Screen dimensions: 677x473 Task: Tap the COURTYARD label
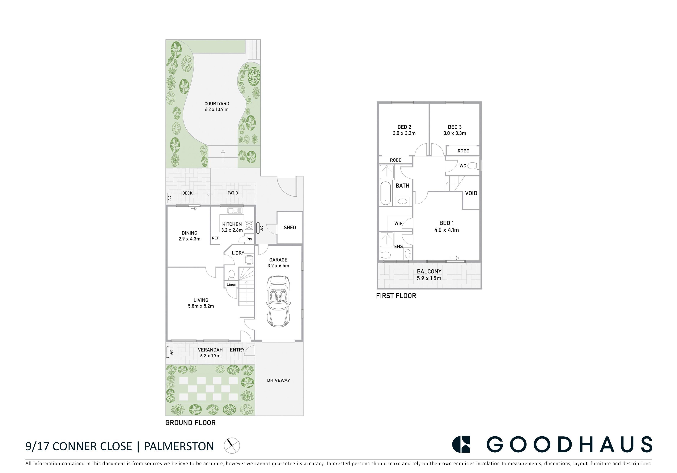(x=217, y=104)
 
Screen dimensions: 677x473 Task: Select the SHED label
(x=290, y=227)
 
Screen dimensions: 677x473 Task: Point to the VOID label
(x=471, y=193)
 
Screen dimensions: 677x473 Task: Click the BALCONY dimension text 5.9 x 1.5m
(x=429, y=278)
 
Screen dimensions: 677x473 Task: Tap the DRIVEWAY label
(x=278, y=380)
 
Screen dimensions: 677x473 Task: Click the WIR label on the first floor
(x=398, y=223)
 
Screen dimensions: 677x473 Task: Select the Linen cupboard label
(x=231, y=285)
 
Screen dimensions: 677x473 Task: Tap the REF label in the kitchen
(x=215, y=238)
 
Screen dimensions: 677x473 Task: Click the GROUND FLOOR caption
(x=190, y=423)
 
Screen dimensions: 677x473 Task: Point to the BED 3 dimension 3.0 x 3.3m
(x=455, y=133)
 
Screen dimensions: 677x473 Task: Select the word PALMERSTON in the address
(x=179, y=446)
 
